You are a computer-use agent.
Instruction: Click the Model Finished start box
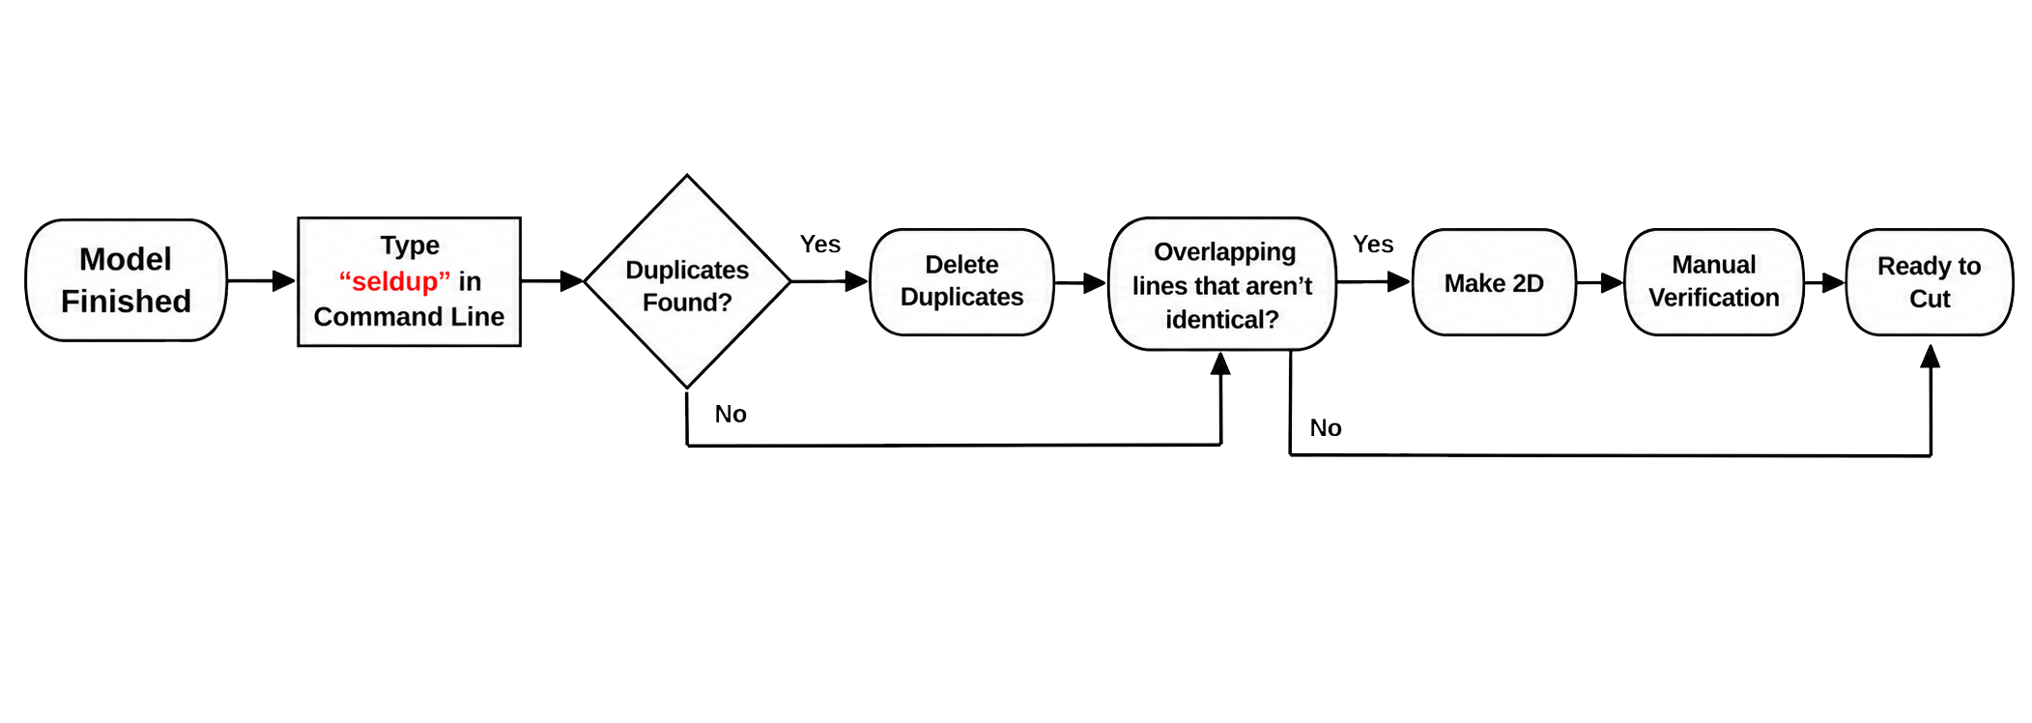[x=126, y=280]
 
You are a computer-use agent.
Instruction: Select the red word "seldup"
[x=394, y=281]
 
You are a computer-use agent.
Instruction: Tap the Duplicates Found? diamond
[x=687, y=281]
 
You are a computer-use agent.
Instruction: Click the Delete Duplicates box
[x=961, y=281]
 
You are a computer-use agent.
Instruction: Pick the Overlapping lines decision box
[x=1222, y=283]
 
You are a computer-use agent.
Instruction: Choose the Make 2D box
[x=1494, y=282]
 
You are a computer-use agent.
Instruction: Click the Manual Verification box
[x=1714, y=282]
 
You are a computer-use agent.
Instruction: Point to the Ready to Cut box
[x=1930, y=282]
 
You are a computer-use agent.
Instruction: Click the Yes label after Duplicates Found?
[x=820, y=244]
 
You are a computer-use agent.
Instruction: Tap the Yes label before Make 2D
[x=1373, y=244]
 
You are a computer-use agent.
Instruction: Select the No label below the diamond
[x=730, y=414]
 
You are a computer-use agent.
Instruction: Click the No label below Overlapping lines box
[x=1326, y=427]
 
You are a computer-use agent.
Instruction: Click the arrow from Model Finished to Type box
[x=262, y=280]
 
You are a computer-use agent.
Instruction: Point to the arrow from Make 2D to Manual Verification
[x=1600, y=282]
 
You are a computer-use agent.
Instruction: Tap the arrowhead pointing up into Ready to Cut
[x=1931, y=356]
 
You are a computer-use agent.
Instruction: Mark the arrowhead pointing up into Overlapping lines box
[x=1221, y=362]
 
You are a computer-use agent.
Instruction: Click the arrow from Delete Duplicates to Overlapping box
[x=1081, y=282]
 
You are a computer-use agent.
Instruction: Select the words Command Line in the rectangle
[x=409, y=316]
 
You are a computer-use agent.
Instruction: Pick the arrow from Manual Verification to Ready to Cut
[x=1825, y=282]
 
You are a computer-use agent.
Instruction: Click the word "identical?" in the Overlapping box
[x=1222, y=319]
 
